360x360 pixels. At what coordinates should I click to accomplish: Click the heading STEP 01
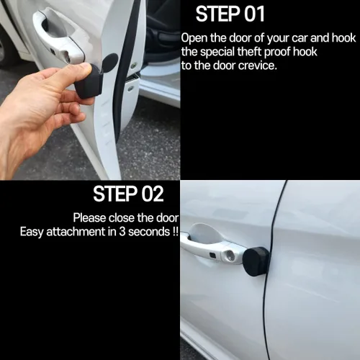[230, 14]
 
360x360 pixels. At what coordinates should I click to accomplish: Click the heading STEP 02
[128, 194]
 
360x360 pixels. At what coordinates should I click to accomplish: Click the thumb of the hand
[72, 73]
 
